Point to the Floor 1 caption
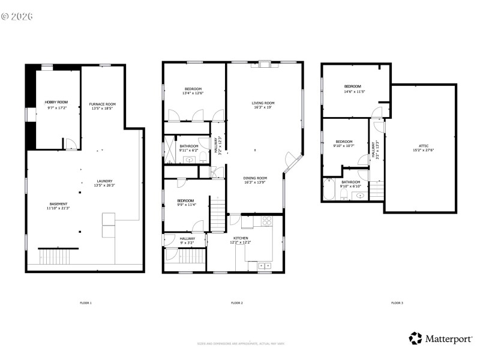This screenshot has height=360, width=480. [86, 303]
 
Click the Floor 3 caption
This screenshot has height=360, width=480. [397, 303]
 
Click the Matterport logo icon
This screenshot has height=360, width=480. [415, 338]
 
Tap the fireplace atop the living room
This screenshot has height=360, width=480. [265, 64]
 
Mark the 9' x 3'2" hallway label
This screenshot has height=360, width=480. [187, 240]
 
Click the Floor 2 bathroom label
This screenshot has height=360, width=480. [188, 148]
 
